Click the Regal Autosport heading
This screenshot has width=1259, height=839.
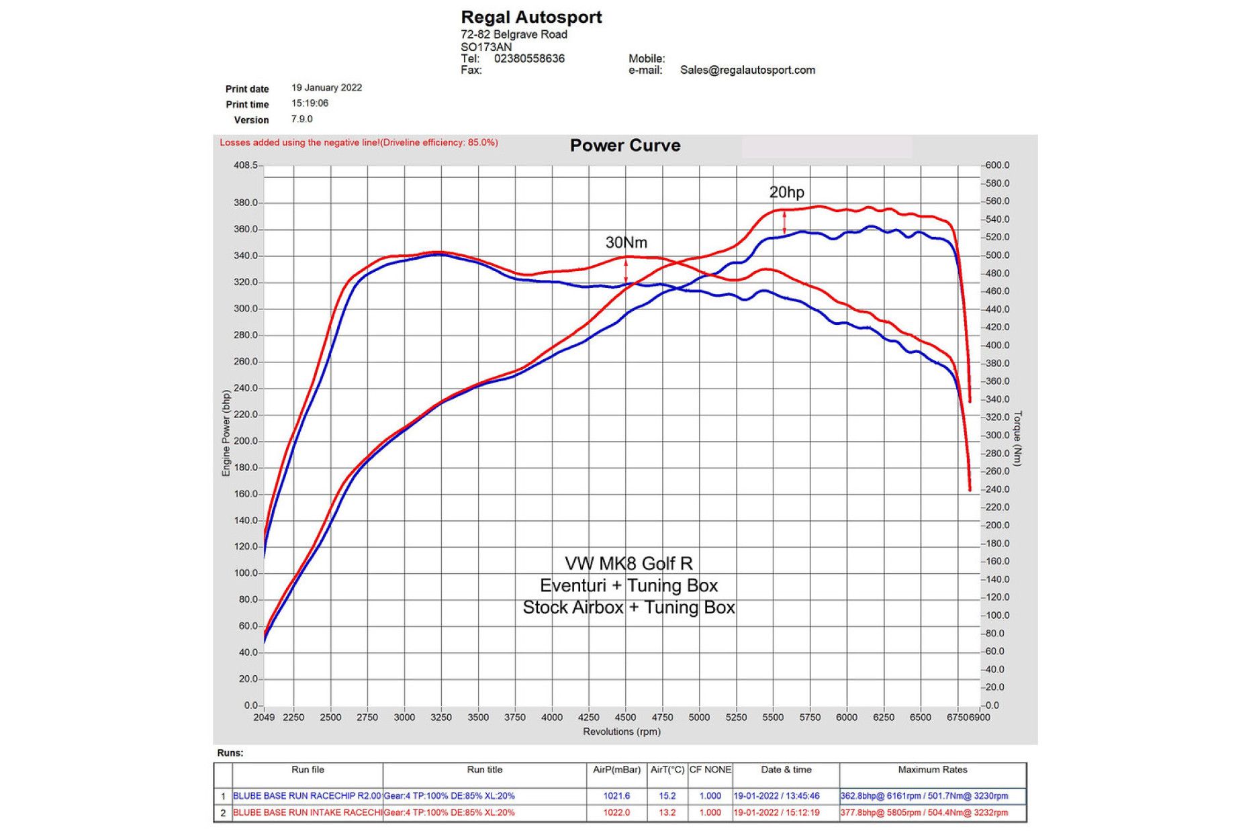(531, 17)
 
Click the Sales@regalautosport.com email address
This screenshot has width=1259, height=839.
(747, 70)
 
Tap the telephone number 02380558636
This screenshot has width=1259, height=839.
(529, 58)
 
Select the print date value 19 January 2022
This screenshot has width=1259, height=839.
(326, 88)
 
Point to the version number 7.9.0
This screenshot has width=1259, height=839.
(301, 119)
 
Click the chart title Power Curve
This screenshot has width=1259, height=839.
(625, 146)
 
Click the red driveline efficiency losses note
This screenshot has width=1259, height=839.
(359, 142)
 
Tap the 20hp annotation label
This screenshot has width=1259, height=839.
(786, 193)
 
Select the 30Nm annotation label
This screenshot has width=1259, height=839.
(626, 242)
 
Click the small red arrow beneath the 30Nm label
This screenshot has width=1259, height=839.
(626, 270)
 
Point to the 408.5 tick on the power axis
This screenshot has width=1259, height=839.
(245, 165)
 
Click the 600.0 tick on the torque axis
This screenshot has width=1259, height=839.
(997, 165)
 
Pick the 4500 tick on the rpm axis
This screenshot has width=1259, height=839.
(625, 718)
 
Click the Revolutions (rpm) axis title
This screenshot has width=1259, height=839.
(622, 732)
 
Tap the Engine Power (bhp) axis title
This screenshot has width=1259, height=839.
(226, 434)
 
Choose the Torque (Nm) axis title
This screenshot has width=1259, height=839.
(1017, 438)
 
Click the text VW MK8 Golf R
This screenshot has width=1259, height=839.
(628, 563)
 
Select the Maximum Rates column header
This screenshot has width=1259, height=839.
(933, 770)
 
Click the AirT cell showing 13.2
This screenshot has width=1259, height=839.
(667, 813)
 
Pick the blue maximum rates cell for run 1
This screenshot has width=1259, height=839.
(924, 796)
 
